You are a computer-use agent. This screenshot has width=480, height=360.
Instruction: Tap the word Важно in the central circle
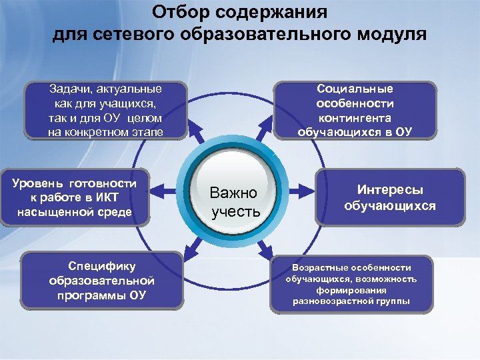[x=233, y=193]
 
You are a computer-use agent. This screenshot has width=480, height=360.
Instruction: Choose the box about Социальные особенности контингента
[x=355, y=109]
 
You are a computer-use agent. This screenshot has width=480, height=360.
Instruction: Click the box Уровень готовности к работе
[x=75, y=198]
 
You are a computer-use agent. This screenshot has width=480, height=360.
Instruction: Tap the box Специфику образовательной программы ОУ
[x=102, y=281]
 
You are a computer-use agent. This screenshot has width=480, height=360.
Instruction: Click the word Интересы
[x=390, y=190]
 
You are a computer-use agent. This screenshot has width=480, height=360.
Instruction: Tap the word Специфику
[x=102, y=267]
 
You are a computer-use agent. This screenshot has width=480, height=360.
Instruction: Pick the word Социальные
[x=355, y=89]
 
